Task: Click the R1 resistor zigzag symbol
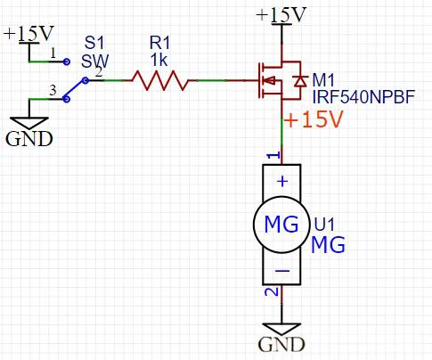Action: pyautogui.click(x=160, y=80)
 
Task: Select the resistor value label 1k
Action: pyautogui.click(x=159, y=61)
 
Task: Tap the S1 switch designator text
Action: pyautogui.click(x=94, y=43)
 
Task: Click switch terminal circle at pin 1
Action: pyautogui.click(x=67, y=61)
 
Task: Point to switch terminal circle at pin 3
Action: pyautogui.click(x=67, y=99)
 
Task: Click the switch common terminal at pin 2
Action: pyautogui.click(x=86, y=80)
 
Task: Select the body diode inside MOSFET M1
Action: pyautogui.click(x=300, y=81)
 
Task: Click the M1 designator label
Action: pyautogui.click(x=323, y=80)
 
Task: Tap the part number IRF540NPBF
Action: pyautogui.click(x=363, y=97)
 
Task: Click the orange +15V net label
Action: pyautogui.click(x=314, y=119)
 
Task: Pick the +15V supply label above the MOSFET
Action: pyautogui.click(x=281, y=15)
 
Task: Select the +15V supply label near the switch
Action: pyautogui.click(x=29, y=33)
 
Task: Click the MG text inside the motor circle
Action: pyautogui.click(x=281, y=225)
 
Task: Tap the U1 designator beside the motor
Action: pyautogui.click(x=324, y=224)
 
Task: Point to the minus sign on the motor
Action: pyautogui.click(x=282, y=271)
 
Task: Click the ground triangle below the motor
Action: pyautogui.click(x=281, y=329)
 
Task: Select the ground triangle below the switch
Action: pyautogui.click(x=29, y=123)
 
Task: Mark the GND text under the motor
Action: pyautogui.click(x=281, y=345)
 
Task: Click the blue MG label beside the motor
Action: pyautogui.click(x=328, y=245)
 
